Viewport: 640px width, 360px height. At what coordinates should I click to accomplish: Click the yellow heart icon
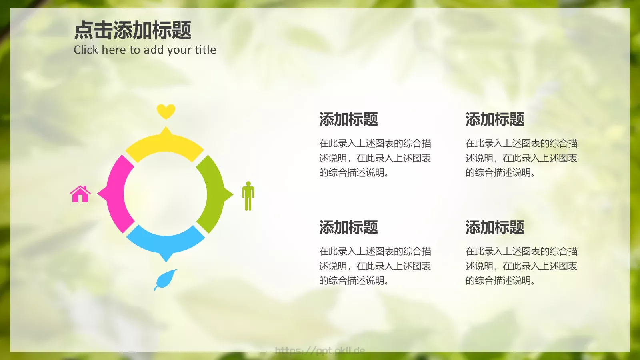point(166,111)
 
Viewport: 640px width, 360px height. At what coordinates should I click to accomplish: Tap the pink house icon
point(80,194)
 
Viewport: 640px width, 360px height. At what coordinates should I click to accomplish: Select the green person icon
point(248,196)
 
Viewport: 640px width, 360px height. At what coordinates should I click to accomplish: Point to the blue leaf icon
point(166,279)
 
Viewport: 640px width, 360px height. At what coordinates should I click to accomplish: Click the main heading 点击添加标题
point(133,30)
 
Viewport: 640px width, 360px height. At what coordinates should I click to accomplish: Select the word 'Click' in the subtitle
point(86,50)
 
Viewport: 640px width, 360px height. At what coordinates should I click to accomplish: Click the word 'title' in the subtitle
point(205,50)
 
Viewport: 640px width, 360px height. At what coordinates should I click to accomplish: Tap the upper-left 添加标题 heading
point(348,119)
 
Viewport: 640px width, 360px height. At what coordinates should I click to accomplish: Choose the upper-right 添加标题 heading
point(495,119)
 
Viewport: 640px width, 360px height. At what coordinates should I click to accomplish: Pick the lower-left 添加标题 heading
point(348,227)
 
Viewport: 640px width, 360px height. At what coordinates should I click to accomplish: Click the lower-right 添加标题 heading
point(495,227)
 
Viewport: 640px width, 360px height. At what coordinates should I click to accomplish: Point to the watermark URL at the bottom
point(320,351)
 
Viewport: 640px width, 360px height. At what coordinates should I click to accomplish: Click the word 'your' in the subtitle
point(179,50)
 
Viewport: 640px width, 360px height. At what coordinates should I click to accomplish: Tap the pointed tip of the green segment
point(232,194)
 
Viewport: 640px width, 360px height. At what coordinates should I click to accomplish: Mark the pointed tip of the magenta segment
point(99,194)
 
